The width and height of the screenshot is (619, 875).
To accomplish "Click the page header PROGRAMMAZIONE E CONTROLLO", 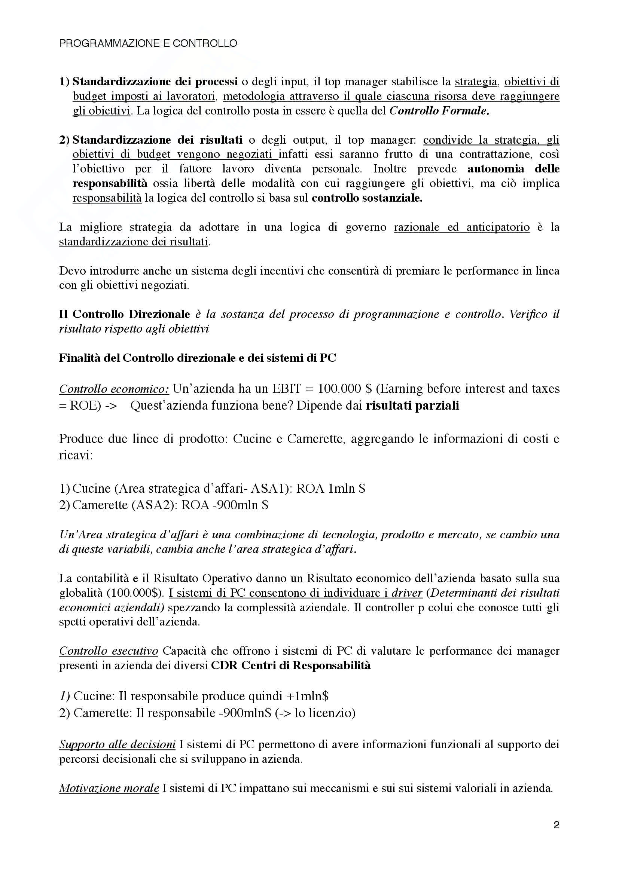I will (148, 43).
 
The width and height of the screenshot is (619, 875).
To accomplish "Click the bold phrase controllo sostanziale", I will (367, 198).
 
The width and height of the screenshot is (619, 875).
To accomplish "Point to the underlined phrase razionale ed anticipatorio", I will (461, 227).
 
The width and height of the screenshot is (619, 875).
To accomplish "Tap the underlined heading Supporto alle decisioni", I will (118, 744).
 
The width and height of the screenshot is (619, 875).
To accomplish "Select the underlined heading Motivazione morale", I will (109, 788).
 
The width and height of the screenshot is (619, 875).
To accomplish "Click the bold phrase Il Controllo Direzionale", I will (124, 314).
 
